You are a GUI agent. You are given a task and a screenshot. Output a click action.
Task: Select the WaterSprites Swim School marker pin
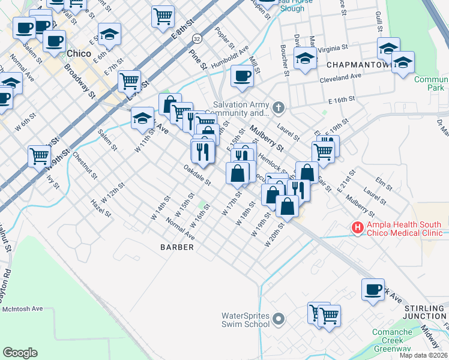(x=277, y=319)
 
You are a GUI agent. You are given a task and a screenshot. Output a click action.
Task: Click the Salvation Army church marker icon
(x=277, y=108)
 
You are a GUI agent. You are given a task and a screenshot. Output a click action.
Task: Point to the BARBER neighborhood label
(x=177, y=247)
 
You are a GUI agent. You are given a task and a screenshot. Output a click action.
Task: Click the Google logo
(x=20, y=353)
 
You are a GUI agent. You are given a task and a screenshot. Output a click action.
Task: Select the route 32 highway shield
(x=197, y=38)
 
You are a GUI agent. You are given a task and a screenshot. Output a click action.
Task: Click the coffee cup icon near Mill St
(x=242, y=76)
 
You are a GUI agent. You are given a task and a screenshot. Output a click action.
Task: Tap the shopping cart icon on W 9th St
(x=39, y=156)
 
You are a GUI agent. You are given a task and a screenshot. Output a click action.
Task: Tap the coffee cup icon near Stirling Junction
(x=373, y=289)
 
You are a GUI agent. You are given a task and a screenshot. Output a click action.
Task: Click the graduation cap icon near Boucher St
(x=306, y=58)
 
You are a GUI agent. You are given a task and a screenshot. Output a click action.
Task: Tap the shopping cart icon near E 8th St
(x=163, y=17)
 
